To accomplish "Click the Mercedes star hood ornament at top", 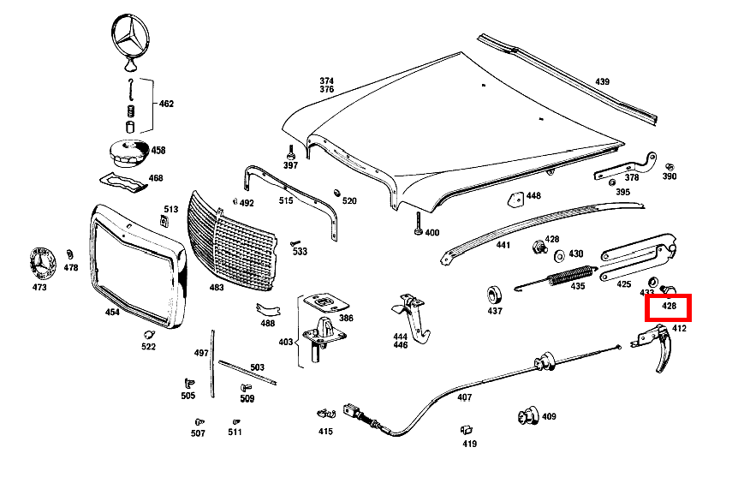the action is click(x=130, y=42).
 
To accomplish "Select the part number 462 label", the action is click(x=166, y=104).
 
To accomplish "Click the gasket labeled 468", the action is click(x=124, y=182).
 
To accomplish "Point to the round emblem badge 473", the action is click(x=42, y=264).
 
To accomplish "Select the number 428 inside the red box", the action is click(x=669, y=306).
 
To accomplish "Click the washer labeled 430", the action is click(x=559, y=256).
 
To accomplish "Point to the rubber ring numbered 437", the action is click(x=494, y=295).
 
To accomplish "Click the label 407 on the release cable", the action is click(x=464, y=397).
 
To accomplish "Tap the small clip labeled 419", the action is click(x=467, y=430).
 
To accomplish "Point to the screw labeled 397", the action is click(x=290, y=152).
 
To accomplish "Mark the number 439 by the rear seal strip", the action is click(x=602, y=82).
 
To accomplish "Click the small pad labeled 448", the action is click(x=515, y=199).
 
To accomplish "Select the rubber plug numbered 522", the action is click(x=149, y=334).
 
